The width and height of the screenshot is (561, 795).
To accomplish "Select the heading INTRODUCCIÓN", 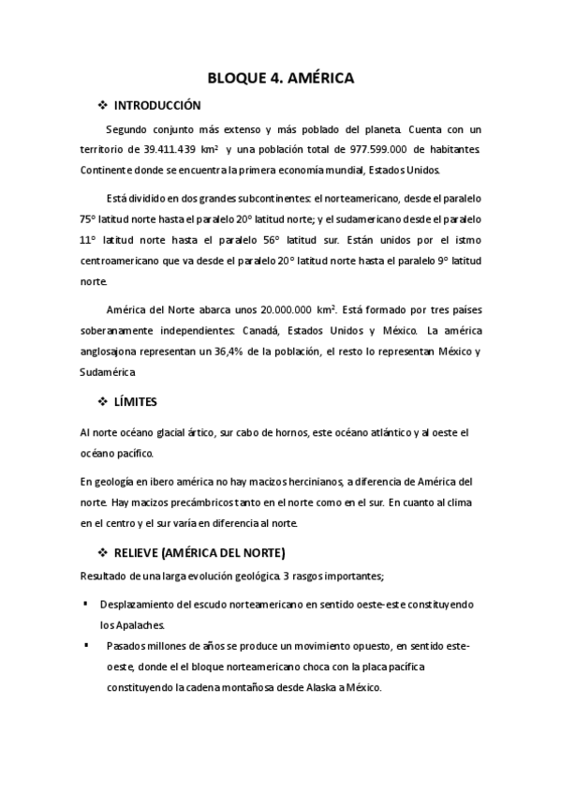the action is (156, 105).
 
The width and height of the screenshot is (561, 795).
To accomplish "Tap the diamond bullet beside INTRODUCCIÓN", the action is (103, 105).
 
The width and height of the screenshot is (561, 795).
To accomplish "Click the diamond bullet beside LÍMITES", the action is (103, 401).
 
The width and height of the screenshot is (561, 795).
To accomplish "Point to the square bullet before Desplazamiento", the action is (85, 601).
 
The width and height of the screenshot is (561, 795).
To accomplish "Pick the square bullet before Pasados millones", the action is (85, 645).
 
